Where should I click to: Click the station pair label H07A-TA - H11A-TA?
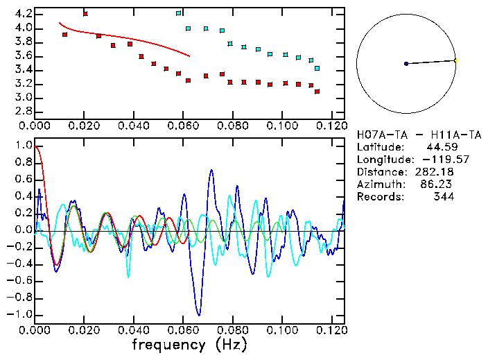(419, 135)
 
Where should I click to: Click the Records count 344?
(444, 197)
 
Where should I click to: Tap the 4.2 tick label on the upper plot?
(23, 14)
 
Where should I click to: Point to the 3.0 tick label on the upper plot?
(23, 98)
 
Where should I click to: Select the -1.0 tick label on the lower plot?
(21, 314)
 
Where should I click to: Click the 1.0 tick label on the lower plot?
(23, 146)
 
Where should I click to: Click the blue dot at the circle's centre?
(406, 64)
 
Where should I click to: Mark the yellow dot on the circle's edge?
(455, 60)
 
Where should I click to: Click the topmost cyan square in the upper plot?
(179, 13)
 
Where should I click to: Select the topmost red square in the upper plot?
(85, 14)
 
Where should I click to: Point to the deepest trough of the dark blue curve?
(199, 314)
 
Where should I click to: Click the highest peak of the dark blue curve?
(211, 170)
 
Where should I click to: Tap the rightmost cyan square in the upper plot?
(317, 68)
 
